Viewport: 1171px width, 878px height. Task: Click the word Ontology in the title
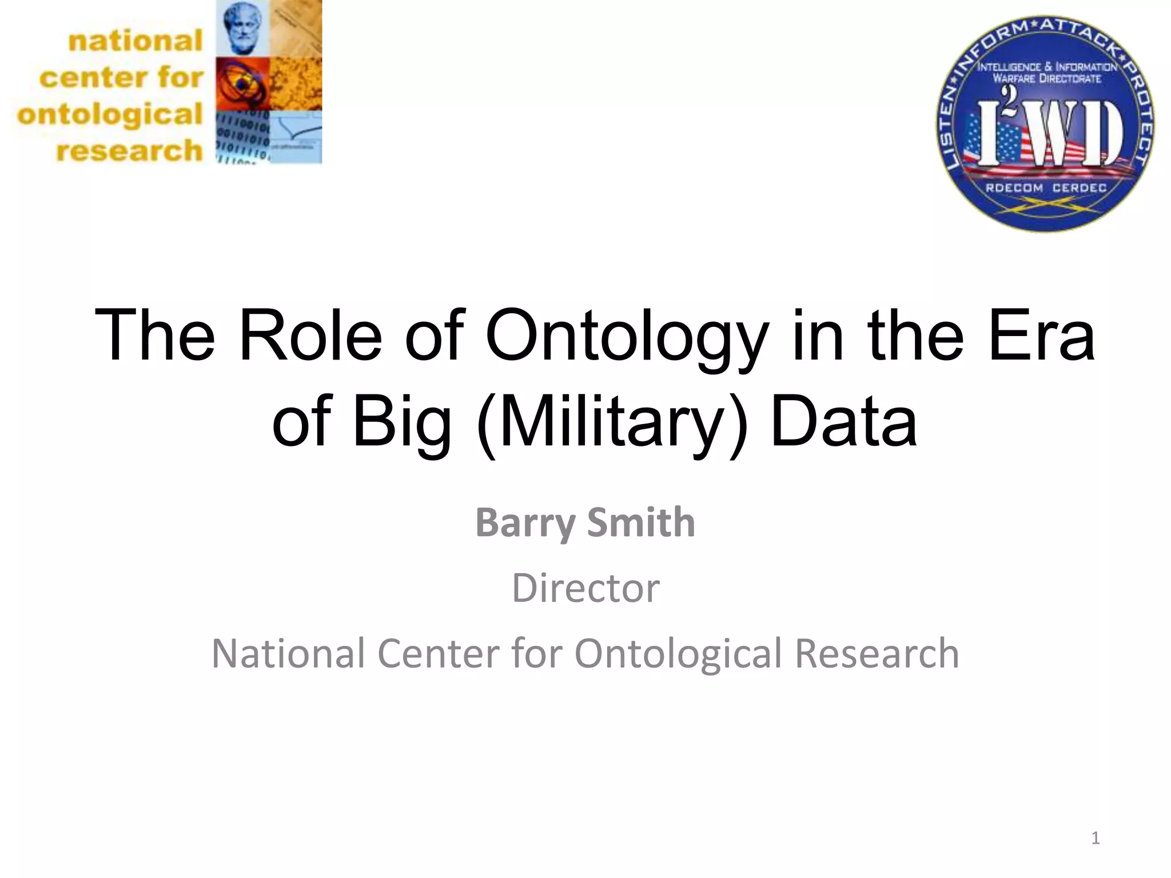pos(626,337)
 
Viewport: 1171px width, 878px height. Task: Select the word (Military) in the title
pos(612,423)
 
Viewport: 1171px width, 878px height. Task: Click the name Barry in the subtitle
pos(525,522)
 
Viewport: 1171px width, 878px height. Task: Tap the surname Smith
pos(641,522)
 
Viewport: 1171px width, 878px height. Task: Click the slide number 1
pos(1095,838)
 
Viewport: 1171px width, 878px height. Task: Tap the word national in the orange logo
pos(136,41)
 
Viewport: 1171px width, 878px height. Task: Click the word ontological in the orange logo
pos(110,114)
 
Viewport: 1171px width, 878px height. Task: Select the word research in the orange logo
pos(129,151)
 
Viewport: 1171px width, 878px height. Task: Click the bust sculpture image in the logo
pos(242,27)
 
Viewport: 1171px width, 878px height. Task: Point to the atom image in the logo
pos(242,83)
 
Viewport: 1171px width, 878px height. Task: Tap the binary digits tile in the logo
pos(242,137)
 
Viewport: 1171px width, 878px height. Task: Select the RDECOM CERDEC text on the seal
pos(1046,188)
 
